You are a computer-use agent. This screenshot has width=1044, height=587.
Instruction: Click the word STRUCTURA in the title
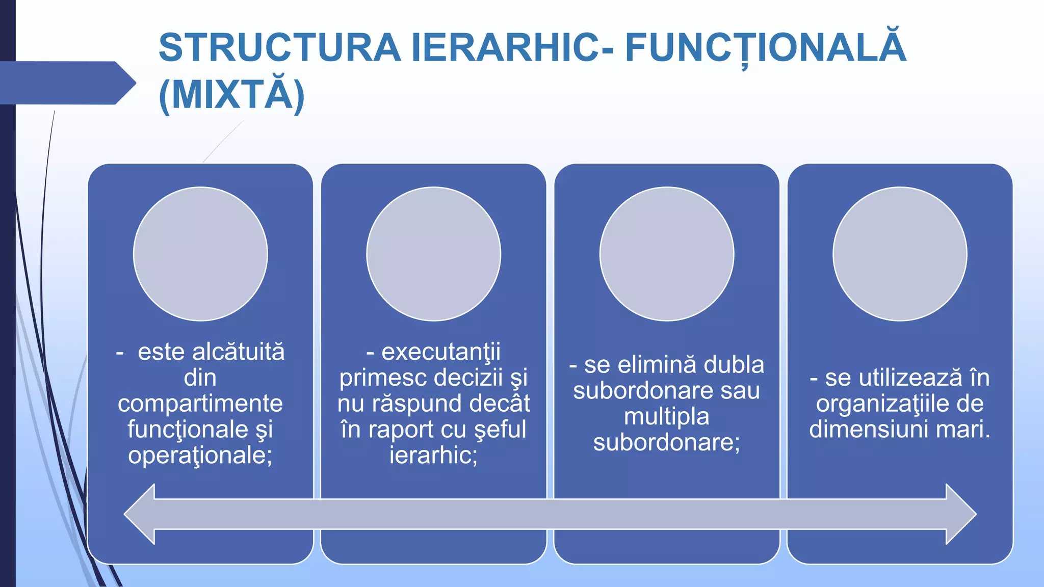tap(279, 48)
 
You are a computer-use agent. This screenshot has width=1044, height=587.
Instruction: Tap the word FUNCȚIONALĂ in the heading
tap(765, 48)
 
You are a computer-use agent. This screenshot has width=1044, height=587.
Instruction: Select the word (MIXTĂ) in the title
tap(232, 95)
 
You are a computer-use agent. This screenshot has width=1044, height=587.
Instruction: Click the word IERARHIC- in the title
tap(512, 48)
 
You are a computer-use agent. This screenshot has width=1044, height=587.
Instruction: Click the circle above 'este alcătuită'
tap(200, 254)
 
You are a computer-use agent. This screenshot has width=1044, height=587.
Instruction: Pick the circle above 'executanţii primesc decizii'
tap(433, 254)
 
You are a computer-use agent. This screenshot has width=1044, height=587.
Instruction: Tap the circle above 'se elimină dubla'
tap(667, 254)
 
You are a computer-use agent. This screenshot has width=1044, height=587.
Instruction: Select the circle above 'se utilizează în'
tap(900, 254)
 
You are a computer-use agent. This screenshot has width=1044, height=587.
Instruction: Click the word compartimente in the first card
tap(200, 404)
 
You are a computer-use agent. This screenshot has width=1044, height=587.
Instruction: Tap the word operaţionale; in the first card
tap(200, 455)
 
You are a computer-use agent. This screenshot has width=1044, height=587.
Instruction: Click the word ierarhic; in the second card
tap(433, 455)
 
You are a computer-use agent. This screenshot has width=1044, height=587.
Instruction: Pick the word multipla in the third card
tap(667, 417)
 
